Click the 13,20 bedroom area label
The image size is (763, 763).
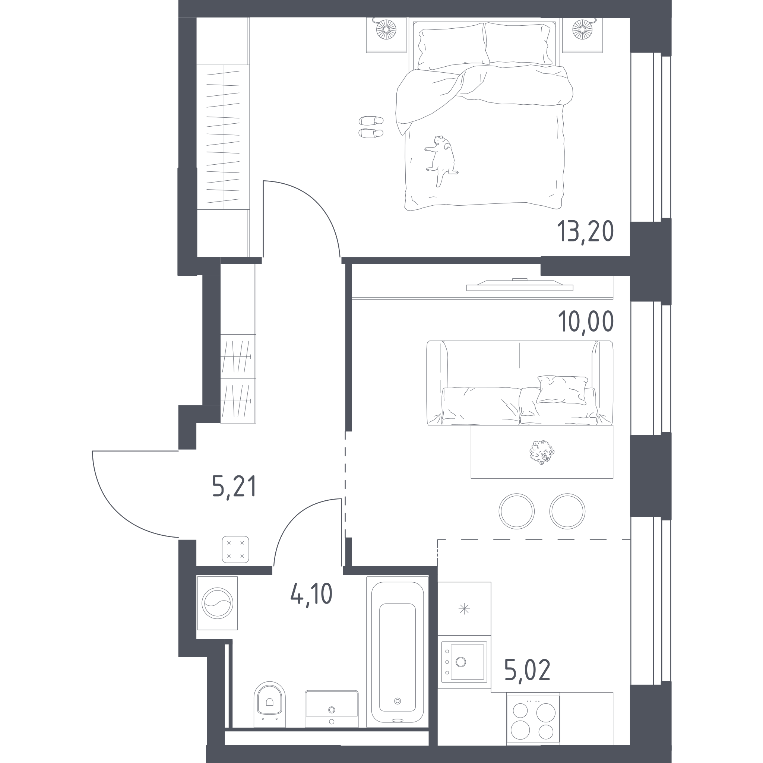tap(585, 232)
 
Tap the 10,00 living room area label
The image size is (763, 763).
tap(586, 322)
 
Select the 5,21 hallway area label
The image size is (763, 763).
tap(234, 487)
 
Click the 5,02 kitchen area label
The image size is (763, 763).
tap(528, 671)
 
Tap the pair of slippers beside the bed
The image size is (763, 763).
tap(371, 127)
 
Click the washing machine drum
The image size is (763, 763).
tap(217, 603)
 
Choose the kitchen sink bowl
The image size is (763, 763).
tap(467, 662)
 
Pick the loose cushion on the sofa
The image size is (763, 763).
tap(562, 390)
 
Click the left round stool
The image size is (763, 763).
tap(517, 511)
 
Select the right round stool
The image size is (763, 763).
tap(567, 511)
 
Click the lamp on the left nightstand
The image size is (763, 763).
tap(386, 30)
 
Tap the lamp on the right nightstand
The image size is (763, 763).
tap(582, 30)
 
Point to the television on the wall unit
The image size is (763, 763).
tap(520, 284)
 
